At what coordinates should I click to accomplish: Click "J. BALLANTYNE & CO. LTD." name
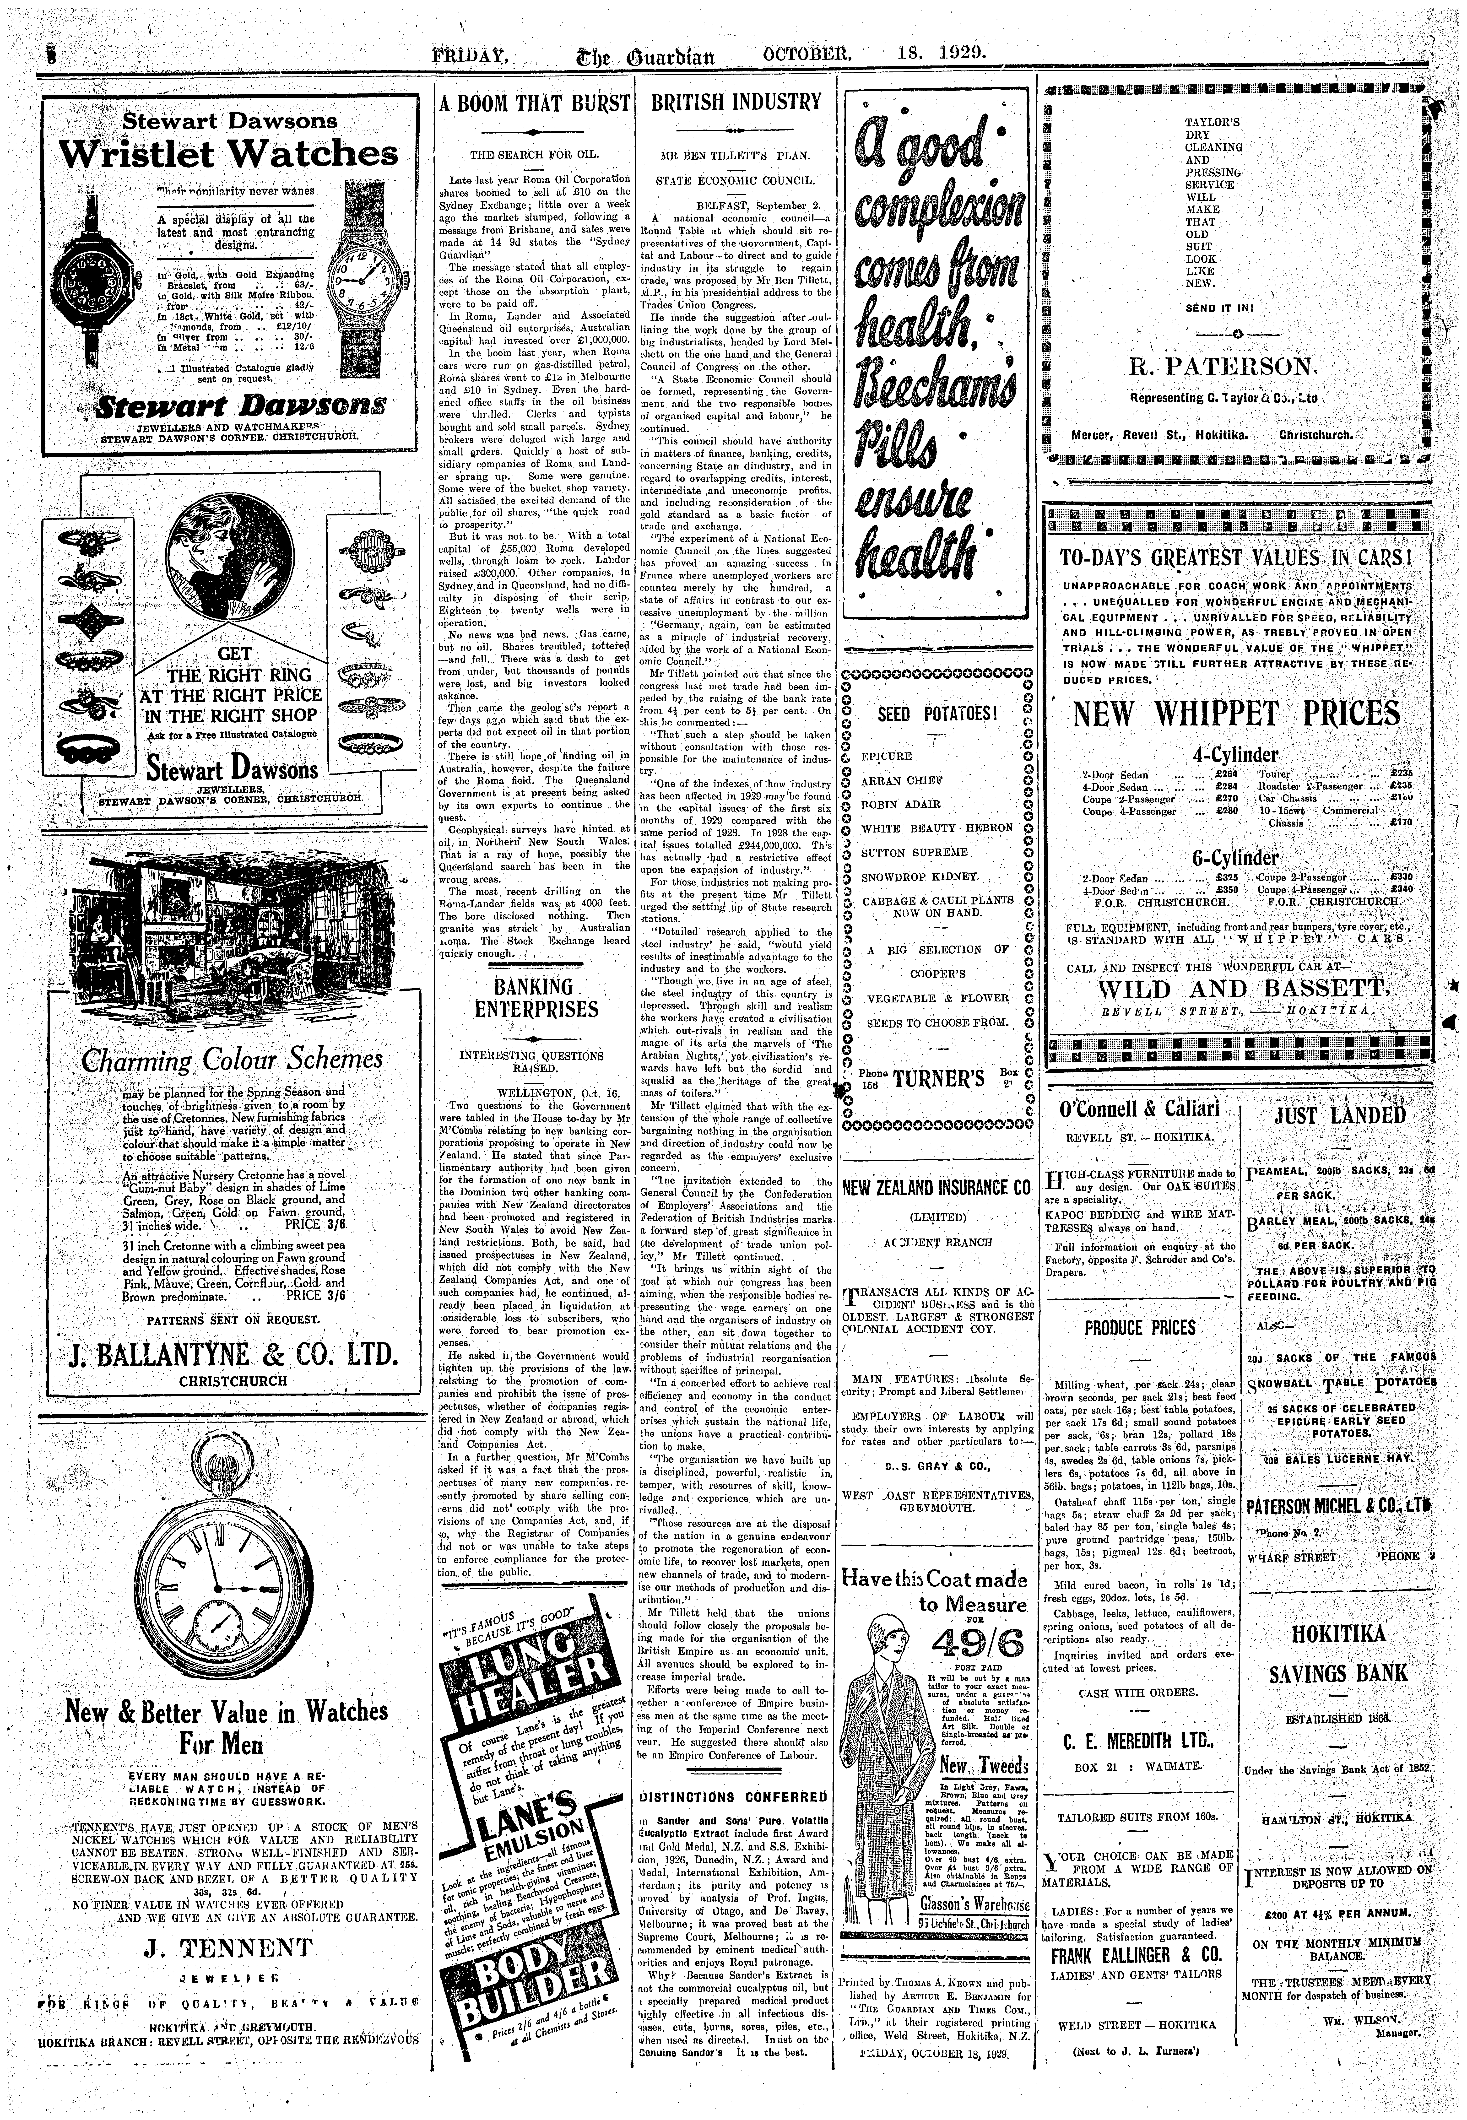pyautogui.click(x=234, y=1355)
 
